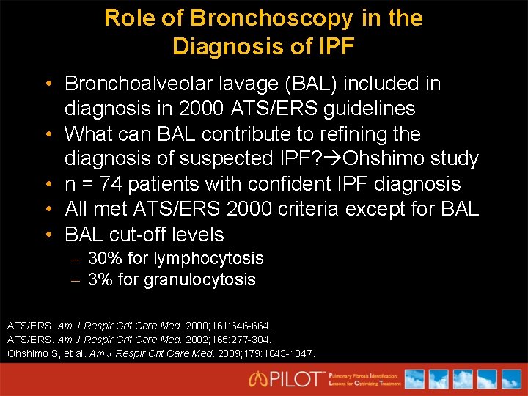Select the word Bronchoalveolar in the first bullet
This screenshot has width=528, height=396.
tap(151, 84)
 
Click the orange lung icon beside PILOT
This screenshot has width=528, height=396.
tap(259, 379)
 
